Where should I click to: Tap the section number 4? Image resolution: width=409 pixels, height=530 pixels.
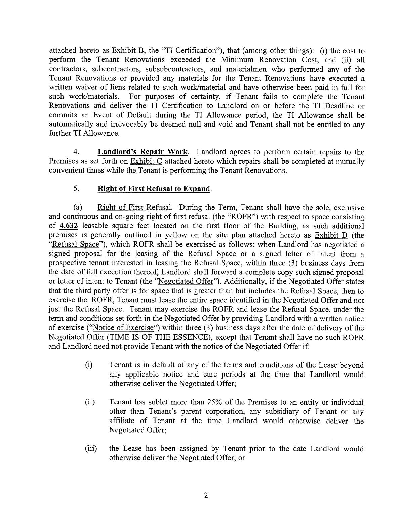(76, 152)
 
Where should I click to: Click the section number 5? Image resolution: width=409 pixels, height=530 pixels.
(76, 189)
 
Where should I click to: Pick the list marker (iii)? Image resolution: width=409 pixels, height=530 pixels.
(91, 449)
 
